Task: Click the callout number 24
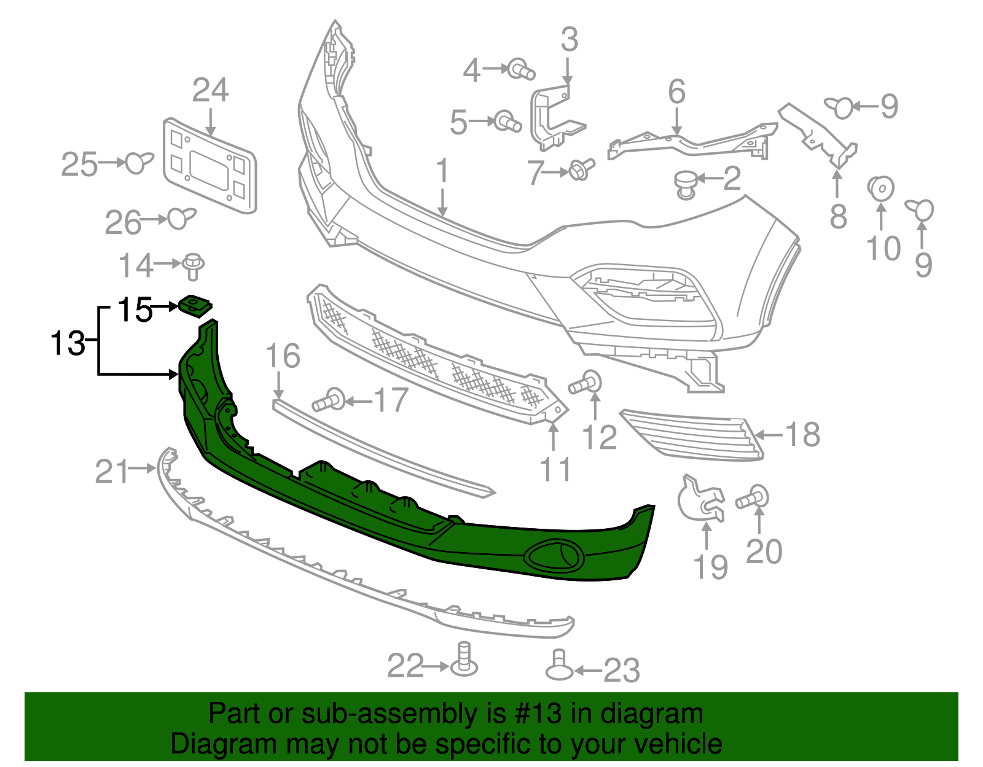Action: pos(210,91)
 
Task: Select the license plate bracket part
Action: pos(209,166)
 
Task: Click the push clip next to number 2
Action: pos(686,184)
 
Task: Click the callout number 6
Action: pos(676,92)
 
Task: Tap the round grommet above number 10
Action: pos(880,188)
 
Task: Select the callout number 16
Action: pos(283,356)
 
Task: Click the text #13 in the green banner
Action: pos(534,714)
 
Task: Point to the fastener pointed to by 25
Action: pos(139,163)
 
